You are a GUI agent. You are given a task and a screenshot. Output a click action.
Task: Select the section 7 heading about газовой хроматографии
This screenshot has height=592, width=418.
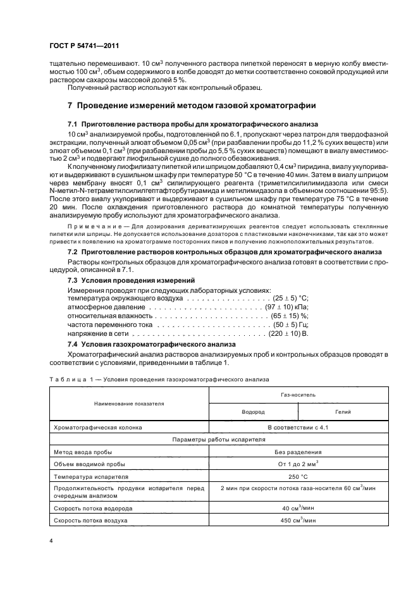[187, 104]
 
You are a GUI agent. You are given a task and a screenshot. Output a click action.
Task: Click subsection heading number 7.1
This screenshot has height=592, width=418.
[72, 124]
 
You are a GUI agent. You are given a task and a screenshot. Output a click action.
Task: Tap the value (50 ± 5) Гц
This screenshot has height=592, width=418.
[288, 324]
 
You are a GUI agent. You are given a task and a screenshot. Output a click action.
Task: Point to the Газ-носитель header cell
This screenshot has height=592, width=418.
[298, 394]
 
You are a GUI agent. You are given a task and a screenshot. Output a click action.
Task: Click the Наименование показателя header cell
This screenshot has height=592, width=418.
[129, 402]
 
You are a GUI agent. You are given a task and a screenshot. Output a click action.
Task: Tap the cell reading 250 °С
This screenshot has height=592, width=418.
[298, 476]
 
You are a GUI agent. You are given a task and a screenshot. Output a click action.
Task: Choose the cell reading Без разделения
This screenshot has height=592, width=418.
[298, 452]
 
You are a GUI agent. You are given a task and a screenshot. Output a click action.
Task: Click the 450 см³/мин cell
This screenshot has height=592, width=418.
[298, 521]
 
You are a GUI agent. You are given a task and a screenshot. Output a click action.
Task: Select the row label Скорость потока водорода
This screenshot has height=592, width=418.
[94, 509]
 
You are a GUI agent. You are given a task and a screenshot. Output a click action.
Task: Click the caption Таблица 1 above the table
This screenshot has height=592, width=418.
[68, 380]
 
